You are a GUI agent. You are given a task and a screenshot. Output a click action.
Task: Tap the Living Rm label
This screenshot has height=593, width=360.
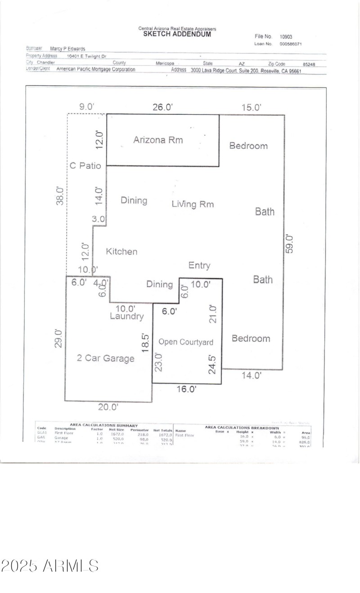193,204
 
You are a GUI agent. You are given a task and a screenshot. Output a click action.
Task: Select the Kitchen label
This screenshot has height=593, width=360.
121,252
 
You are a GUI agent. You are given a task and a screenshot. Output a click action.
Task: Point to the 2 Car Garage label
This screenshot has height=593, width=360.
105,359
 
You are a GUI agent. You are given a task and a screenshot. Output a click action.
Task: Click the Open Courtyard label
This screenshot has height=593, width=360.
186,342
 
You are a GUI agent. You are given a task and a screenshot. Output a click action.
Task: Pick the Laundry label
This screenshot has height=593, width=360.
127,316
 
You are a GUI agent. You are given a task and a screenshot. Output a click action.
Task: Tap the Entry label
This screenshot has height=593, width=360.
199,265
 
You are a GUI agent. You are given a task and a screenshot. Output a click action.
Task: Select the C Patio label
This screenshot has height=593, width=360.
85,166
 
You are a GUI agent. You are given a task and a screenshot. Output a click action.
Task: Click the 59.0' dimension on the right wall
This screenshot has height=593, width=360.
290,244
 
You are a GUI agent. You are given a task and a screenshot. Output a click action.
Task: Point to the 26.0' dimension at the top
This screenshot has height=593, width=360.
162,107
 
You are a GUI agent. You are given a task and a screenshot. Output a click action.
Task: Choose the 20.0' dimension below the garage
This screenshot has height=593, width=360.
108,407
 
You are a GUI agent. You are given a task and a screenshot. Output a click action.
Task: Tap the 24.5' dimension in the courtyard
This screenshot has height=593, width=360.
213,364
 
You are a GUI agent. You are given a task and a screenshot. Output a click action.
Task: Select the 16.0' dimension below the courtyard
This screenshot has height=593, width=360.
186,389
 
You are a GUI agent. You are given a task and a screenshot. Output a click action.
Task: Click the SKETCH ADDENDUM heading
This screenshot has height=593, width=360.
177,34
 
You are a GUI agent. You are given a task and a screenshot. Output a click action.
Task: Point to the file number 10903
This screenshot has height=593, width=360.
286,37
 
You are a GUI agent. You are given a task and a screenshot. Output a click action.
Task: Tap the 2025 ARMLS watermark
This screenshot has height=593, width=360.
49,566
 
